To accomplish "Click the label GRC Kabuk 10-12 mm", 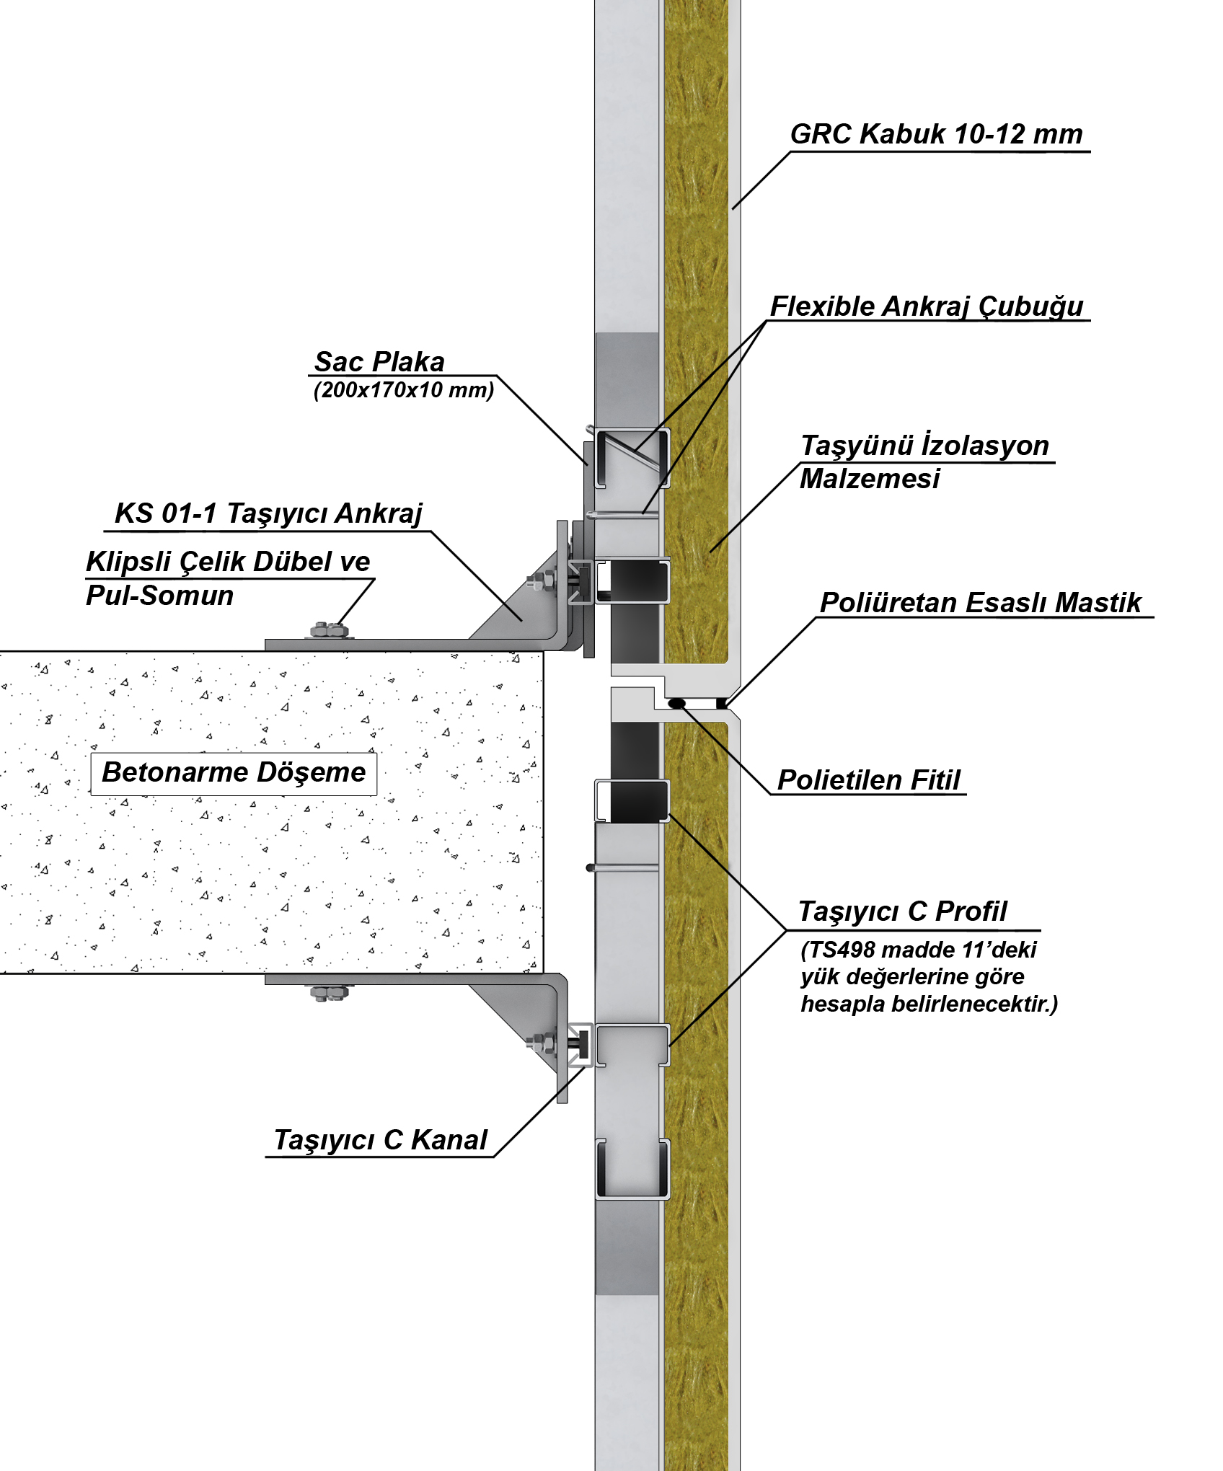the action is click(936, 134).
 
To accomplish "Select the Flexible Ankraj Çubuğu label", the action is click(927, 306).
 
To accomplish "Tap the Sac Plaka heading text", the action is click(379, 361).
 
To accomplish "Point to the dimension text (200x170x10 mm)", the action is click(404, 390).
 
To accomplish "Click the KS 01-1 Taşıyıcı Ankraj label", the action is click(268, 513).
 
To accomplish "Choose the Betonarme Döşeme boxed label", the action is click(234, 772).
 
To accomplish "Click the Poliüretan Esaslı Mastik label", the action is click(981, 603).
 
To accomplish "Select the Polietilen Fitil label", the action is click(869, 780).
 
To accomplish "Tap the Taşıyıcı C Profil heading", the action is click(902, 911).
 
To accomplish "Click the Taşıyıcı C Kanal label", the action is click(380, 1140).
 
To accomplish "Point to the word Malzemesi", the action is click(870, 479).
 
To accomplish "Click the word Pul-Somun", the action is click(159, 596).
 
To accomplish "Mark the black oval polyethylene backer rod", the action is click(676, 702).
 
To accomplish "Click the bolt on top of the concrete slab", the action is click(330, 631).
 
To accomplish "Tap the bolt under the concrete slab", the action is click(330, 993).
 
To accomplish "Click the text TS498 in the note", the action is click(842, 950).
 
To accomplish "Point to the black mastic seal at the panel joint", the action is click(721, 702).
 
